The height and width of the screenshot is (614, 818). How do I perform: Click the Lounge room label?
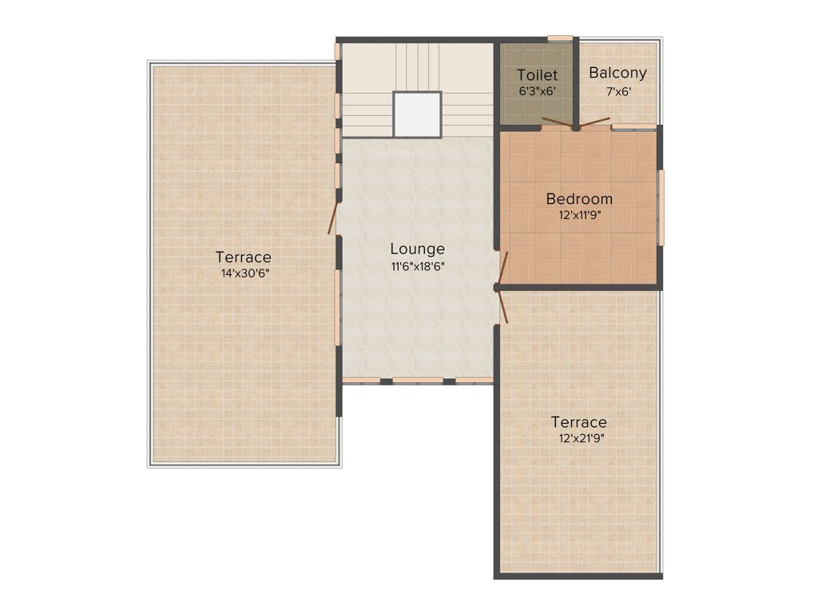click(417, 249)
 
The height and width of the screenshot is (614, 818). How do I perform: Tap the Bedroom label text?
click(579, 198)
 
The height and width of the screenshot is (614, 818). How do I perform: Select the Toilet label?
click(537, 76)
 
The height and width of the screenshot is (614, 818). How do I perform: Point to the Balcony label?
click(617, 74)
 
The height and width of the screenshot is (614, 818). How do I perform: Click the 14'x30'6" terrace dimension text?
click(243, 273)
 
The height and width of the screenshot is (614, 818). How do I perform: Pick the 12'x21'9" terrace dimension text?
click(578, 438)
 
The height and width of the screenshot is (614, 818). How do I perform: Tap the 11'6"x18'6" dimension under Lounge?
click(417, 267)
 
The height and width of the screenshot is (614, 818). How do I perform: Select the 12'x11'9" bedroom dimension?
click(579, 215)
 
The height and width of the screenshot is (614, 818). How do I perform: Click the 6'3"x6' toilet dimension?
click(537, 92)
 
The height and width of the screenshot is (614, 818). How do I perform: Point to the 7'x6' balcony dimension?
click(617, 92)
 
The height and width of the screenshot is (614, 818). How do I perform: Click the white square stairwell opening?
click(417, 114)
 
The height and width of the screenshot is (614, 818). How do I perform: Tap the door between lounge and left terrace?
click(332, 217)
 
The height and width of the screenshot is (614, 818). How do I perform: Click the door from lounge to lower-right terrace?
click(502, 305)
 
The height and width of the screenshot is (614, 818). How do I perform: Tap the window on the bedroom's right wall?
click(661, 207)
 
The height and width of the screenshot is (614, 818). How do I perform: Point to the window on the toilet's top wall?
click(559, 38)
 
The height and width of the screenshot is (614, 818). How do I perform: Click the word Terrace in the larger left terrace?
click(243, 257)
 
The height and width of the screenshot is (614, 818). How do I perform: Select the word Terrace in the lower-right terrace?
click(578, 422)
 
